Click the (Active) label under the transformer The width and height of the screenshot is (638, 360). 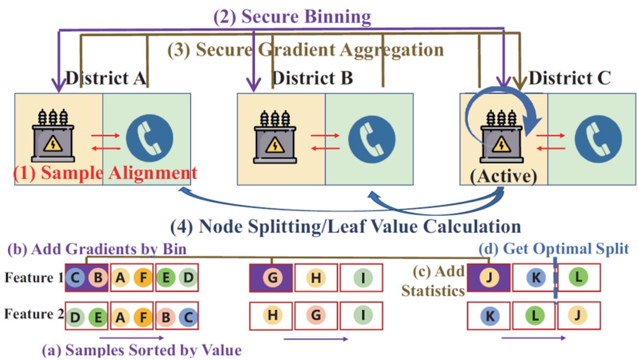coord(503,176)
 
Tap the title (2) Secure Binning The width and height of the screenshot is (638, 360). coord(292,16)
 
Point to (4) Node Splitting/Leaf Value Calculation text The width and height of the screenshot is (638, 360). coord(346,226)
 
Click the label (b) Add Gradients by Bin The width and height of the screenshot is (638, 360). coord(97,249)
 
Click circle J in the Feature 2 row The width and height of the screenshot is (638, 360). coord(578,316)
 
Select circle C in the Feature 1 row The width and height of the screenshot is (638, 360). coord(75,278)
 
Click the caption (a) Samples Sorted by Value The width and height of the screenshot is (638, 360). coord(142,350)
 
